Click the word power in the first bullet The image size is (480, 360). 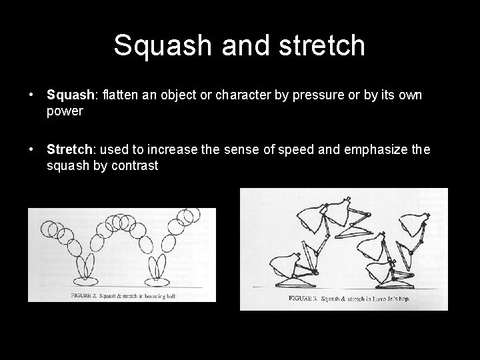[65, 111]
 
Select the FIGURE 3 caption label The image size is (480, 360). [303, 299]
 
